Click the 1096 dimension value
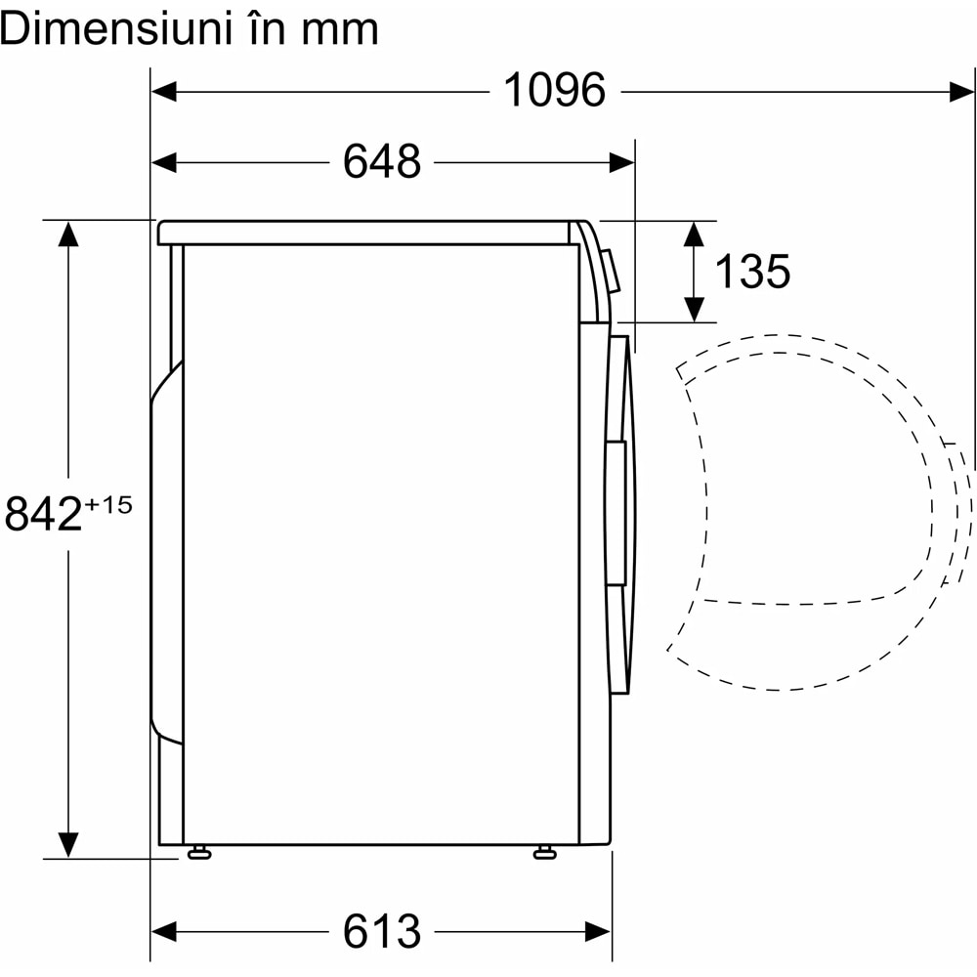[x=554, y=91]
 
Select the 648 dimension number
[x=382, y=161]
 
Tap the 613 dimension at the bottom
[x=382, y=931]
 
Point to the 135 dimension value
[x=752, y=271]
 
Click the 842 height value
[x=43, y=514]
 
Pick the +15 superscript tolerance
[x=107, y=505]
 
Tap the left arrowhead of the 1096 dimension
[x=164, y=92]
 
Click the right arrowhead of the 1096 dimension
[x=961, y=92]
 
